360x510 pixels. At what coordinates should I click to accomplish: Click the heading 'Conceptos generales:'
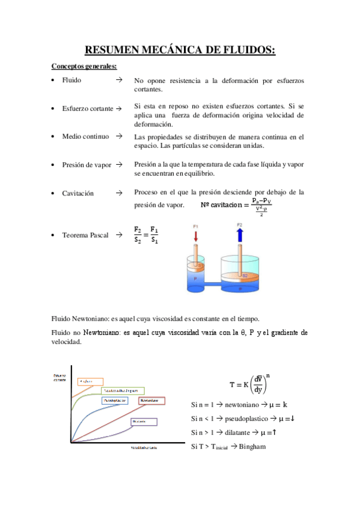point(84,66)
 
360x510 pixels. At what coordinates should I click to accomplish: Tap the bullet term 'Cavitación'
point(78,194)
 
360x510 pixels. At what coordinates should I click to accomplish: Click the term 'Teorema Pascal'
point(85,235)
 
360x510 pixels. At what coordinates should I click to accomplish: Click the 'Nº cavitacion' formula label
point(220,205)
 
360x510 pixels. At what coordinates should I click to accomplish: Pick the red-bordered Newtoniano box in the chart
point(150,400)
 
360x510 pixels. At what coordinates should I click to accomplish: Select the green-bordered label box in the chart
point(123,390)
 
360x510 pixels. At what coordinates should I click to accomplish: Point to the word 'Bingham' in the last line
point(252,446)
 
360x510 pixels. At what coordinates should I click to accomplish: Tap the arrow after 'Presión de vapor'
point(120,164)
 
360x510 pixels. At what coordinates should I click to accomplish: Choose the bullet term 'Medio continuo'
point(86,137)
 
